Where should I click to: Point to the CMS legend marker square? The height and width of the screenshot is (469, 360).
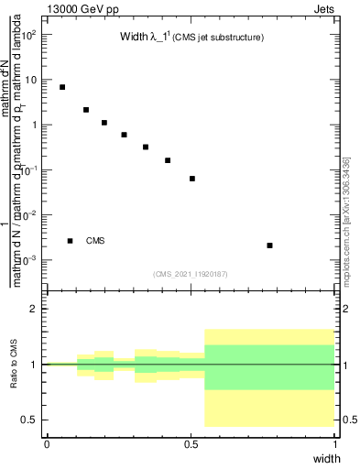click(x=70, y=241)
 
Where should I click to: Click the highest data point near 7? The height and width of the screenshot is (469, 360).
click(x=62, y=87)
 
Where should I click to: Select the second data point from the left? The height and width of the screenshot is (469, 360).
click(x=86, y=110)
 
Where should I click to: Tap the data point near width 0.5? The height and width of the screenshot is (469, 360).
click(x=192, y=179)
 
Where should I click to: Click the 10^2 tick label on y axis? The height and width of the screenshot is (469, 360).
click(x=27, y=35)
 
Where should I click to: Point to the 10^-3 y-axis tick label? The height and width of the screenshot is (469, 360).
click(x=27, y=261)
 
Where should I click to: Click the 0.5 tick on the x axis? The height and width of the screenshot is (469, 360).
click(x=191, y=443)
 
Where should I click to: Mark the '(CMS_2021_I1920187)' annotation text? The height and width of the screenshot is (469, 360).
click(x=191, y=273)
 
